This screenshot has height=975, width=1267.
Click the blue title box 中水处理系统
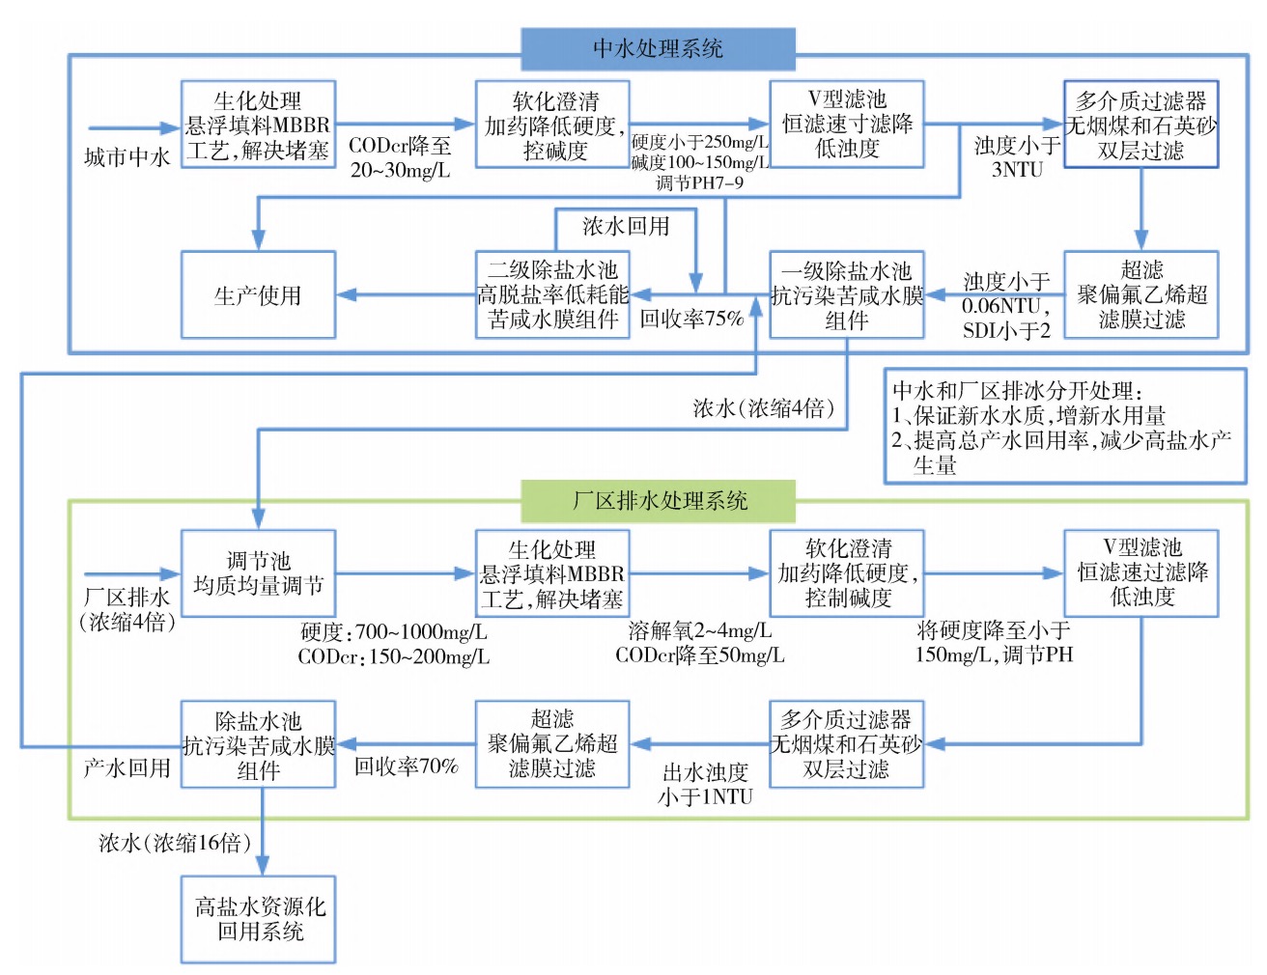[x=658, y=48]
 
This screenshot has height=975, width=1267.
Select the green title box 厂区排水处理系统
[x=658, y=500]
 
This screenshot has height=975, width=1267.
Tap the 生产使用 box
[x=258, y=295]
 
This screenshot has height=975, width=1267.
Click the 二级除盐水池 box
[x=552, y=295]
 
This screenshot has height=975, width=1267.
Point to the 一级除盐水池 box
[x=846, y=295]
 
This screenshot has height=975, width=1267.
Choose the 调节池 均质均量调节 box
[x=258, y=573]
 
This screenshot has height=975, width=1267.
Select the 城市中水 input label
[x=127, y=157]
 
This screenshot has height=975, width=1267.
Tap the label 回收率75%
[x=691, y=318]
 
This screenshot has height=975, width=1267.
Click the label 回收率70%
[x=406, y=766]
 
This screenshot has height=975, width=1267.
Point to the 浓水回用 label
[x=626, y=227]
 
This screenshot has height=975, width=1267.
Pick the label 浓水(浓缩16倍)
[x=175, y=843]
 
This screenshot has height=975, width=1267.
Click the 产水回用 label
[x=127, y=768]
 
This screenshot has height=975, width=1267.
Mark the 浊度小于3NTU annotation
[x=1016, y=157]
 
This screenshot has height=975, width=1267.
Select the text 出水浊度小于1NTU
[x=705, y=784]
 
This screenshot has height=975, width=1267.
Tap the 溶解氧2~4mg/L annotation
[x=699, y=631]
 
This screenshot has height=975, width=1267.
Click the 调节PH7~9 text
[x=699, y=182]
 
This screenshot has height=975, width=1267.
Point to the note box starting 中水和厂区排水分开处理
[x=1064, y=426]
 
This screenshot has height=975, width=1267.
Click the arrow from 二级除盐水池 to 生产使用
[x=406, y=295]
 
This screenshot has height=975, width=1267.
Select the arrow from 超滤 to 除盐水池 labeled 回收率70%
[x=406, y=744]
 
